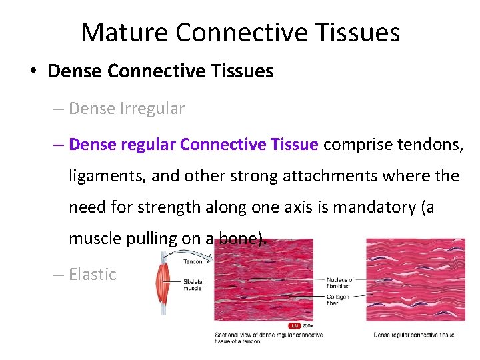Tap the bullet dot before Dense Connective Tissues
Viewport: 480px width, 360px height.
tap(33, 71)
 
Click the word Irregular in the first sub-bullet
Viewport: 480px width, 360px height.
tap(153, 108)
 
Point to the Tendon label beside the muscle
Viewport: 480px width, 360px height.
tap(193, 262)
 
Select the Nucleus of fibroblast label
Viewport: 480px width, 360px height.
tap(341, 283)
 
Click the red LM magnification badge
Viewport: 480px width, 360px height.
tap(293, 325)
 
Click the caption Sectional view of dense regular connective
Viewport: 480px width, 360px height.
tap(269, 334)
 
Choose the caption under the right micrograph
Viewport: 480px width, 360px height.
tap(413, 334)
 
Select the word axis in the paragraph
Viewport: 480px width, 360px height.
tap(288, 207)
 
